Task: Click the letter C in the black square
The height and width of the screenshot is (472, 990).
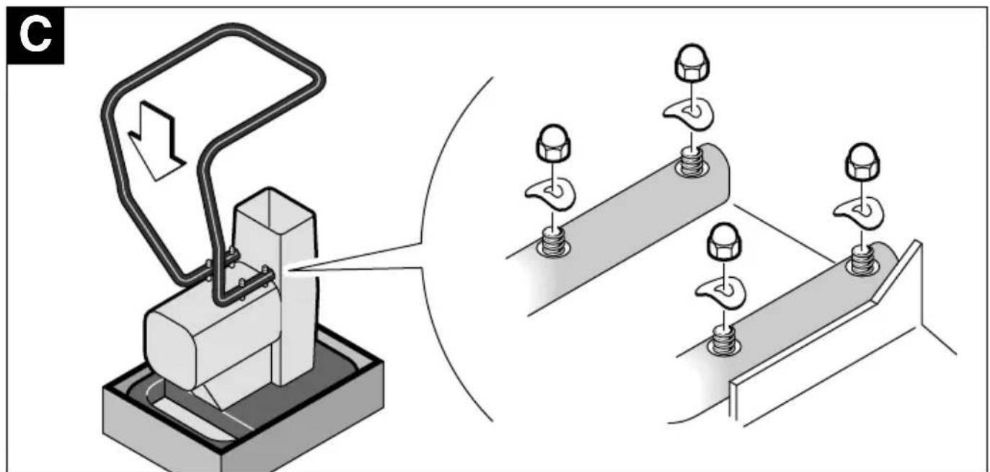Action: [x=35, y=35]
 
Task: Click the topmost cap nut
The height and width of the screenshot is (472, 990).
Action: [x=691, y=63]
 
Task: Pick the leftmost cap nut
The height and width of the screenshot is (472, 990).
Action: [x=552, y=144]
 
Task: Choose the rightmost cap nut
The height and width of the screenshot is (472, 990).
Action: [x=862, y=162]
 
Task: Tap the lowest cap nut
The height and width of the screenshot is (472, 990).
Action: [x=725, y=241]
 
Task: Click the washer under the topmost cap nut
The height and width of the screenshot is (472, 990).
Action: [x=689, y=115]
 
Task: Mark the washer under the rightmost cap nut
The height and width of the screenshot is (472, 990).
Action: [x=859, y=213]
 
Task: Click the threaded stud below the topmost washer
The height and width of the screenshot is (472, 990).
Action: [x=691, y=162]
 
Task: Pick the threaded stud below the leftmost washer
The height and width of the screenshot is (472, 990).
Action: [x=553, y=242]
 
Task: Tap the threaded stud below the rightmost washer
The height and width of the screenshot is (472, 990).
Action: [x=862, y=260]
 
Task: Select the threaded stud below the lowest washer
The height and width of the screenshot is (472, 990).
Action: [x=724, y=340]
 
